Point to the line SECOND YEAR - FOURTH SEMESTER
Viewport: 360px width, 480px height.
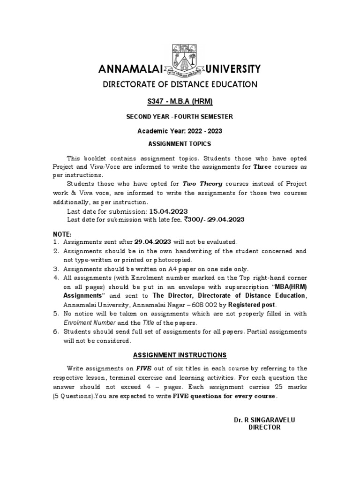(x=180, y=117)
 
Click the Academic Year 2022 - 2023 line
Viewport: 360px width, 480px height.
(x=180, y=130)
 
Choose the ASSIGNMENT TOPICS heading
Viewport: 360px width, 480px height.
(x=180, y=144)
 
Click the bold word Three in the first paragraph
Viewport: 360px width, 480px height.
(x=262, y=166)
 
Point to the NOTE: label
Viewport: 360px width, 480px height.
(x=61, y=233)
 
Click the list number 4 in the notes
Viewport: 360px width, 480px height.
(x=55, y=278)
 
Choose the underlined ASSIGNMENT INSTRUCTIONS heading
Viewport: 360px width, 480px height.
(x=180, y=355)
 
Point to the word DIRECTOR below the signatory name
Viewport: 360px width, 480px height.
(x=261, y=427)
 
